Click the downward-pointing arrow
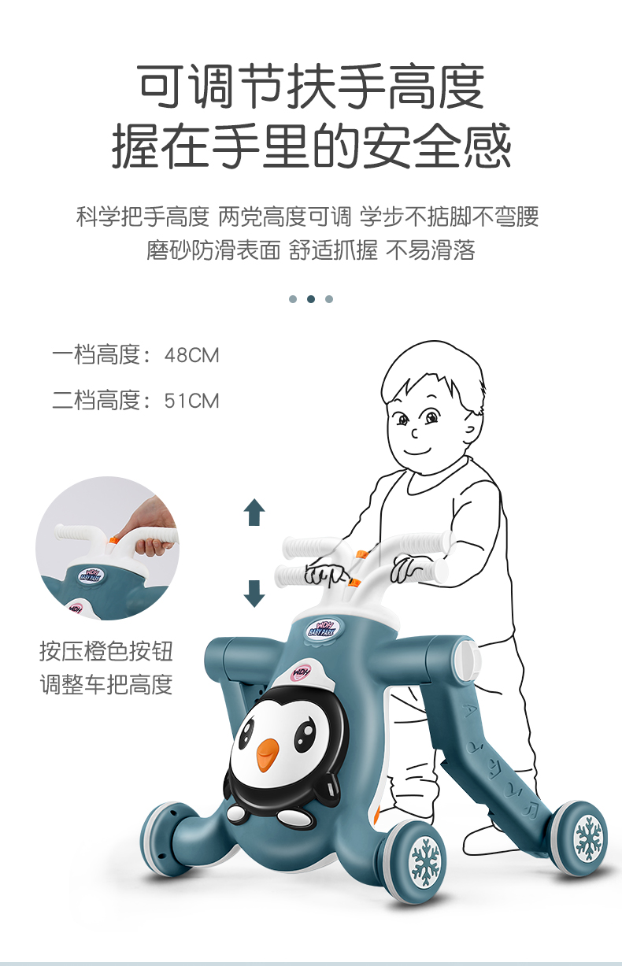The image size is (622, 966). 254,593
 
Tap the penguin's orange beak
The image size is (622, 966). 268,754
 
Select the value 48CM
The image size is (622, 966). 191,355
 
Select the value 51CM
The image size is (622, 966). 191,401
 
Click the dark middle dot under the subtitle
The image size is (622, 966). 311,299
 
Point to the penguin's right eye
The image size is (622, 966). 305,736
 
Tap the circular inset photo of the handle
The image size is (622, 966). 107,548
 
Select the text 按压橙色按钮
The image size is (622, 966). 106,651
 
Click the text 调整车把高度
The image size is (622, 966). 106,684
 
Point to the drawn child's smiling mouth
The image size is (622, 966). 418,452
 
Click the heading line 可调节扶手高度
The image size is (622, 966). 311,87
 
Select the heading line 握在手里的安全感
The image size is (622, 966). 311,146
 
